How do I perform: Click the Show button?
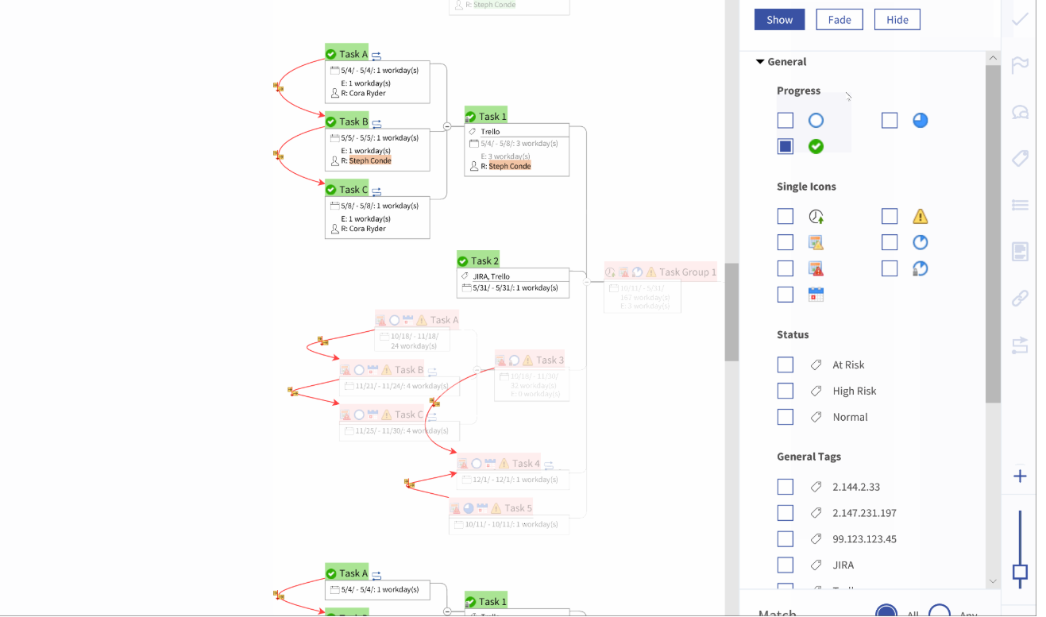[779, 20]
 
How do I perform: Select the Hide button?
[897, 20]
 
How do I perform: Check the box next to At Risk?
[785, 364]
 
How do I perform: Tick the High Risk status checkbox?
[785, 391]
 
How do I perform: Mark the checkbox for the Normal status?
[785, 417]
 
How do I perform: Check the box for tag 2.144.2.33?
[785, 487]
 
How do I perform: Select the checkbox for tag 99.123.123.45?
[785, 539]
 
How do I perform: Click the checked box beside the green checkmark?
[785, 146]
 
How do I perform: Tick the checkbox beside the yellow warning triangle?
[890, 216]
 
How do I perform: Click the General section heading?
[786, 62]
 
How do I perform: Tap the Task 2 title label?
[484, 260]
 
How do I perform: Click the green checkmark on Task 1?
[470, 117]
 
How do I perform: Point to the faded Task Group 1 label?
[687, 272]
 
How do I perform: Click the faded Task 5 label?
[518, 508]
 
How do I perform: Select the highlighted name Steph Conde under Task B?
[370, 160]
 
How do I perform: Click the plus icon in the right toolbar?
[1020, 476]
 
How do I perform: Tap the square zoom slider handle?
[1020, 573]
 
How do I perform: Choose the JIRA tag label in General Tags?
[843, 565]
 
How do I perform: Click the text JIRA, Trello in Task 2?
[491, 276]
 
